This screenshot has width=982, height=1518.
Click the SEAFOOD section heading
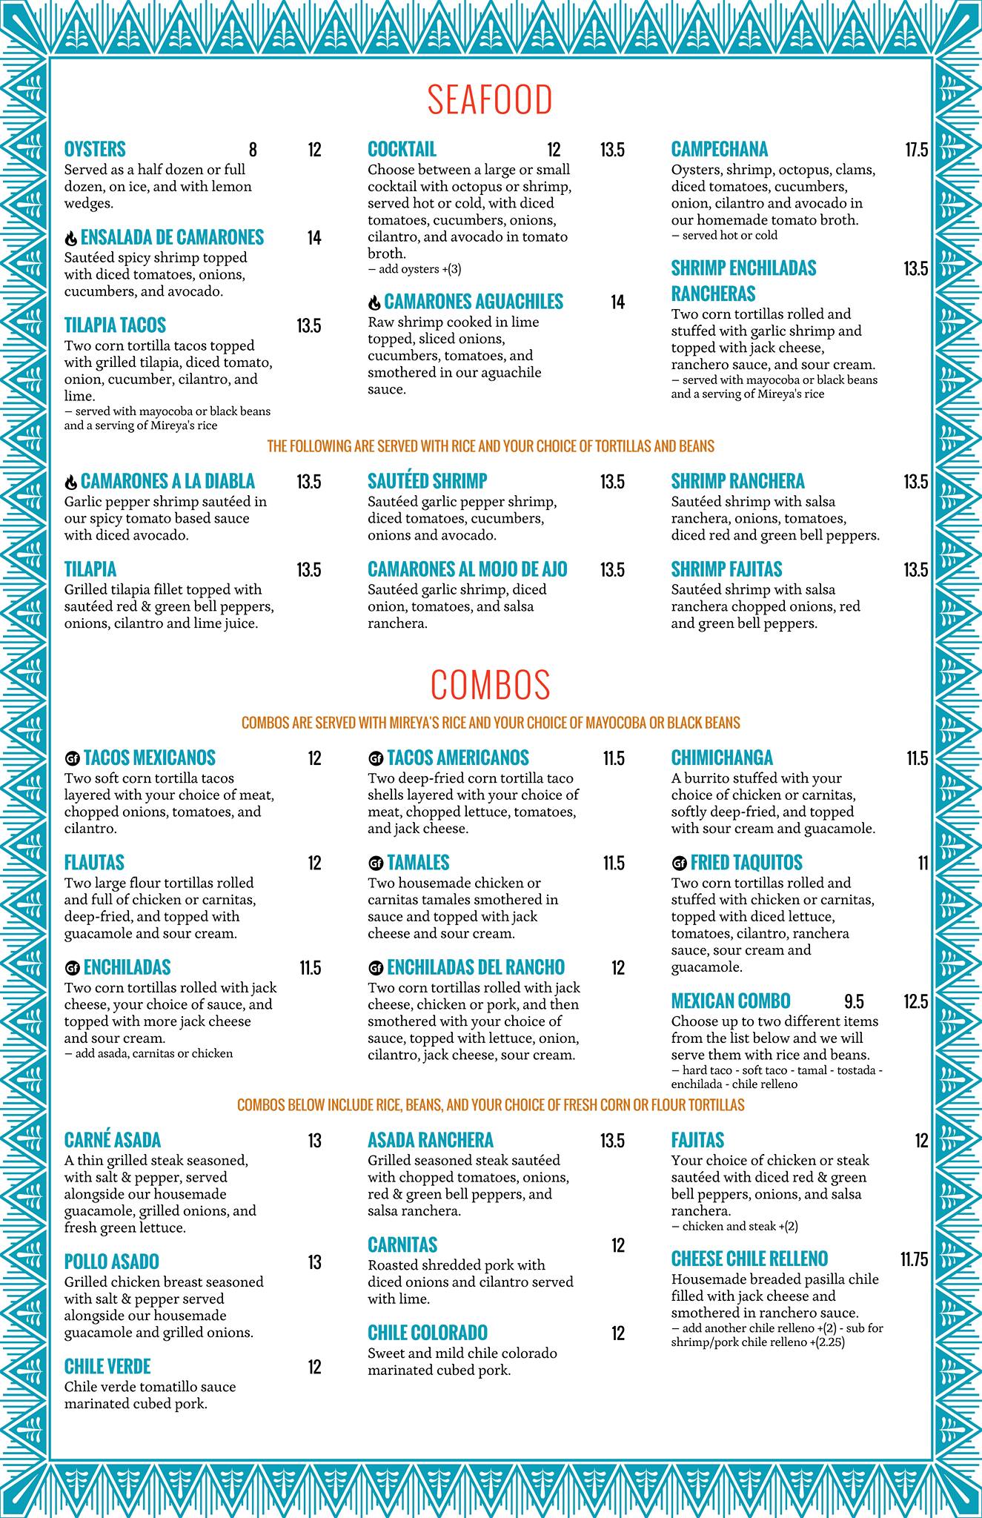tap(490, 100)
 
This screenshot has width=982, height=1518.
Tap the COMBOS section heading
tap(490, 685)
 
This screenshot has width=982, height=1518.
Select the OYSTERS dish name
tap(95, 150)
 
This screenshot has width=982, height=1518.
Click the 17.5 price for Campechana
tap(916, 150)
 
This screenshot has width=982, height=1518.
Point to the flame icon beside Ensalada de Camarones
tap(71, 239)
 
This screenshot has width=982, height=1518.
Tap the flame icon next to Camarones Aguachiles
tap(374, 302)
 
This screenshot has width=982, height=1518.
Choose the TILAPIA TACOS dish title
tap(115, 325)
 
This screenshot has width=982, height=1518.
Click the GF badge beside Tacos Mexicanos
tap(72, 759)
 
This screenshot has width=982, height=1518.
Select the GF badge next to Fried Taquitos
tap(679, 864)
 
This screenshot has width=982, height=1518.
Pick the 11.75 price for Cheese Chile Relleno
tap(914, 1259)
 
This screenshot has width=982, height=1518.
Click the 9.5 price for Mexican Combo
tap(854, 1002)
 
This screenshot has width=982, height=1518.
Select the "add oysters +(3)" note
tap(419, 269)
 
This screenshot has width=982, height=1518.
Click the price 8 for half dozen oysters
tap(253, 150)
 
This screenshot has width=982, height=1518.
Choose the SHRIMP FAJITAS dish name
tap(726, 570)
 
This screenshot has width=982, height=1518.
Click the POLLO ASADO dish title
tap(112, 1262)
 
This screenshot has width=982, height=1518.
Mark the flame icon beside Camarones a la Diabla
tap(71, 483)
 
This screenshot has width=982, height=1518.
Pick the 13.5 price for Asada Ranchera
tap(612, 1141)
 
